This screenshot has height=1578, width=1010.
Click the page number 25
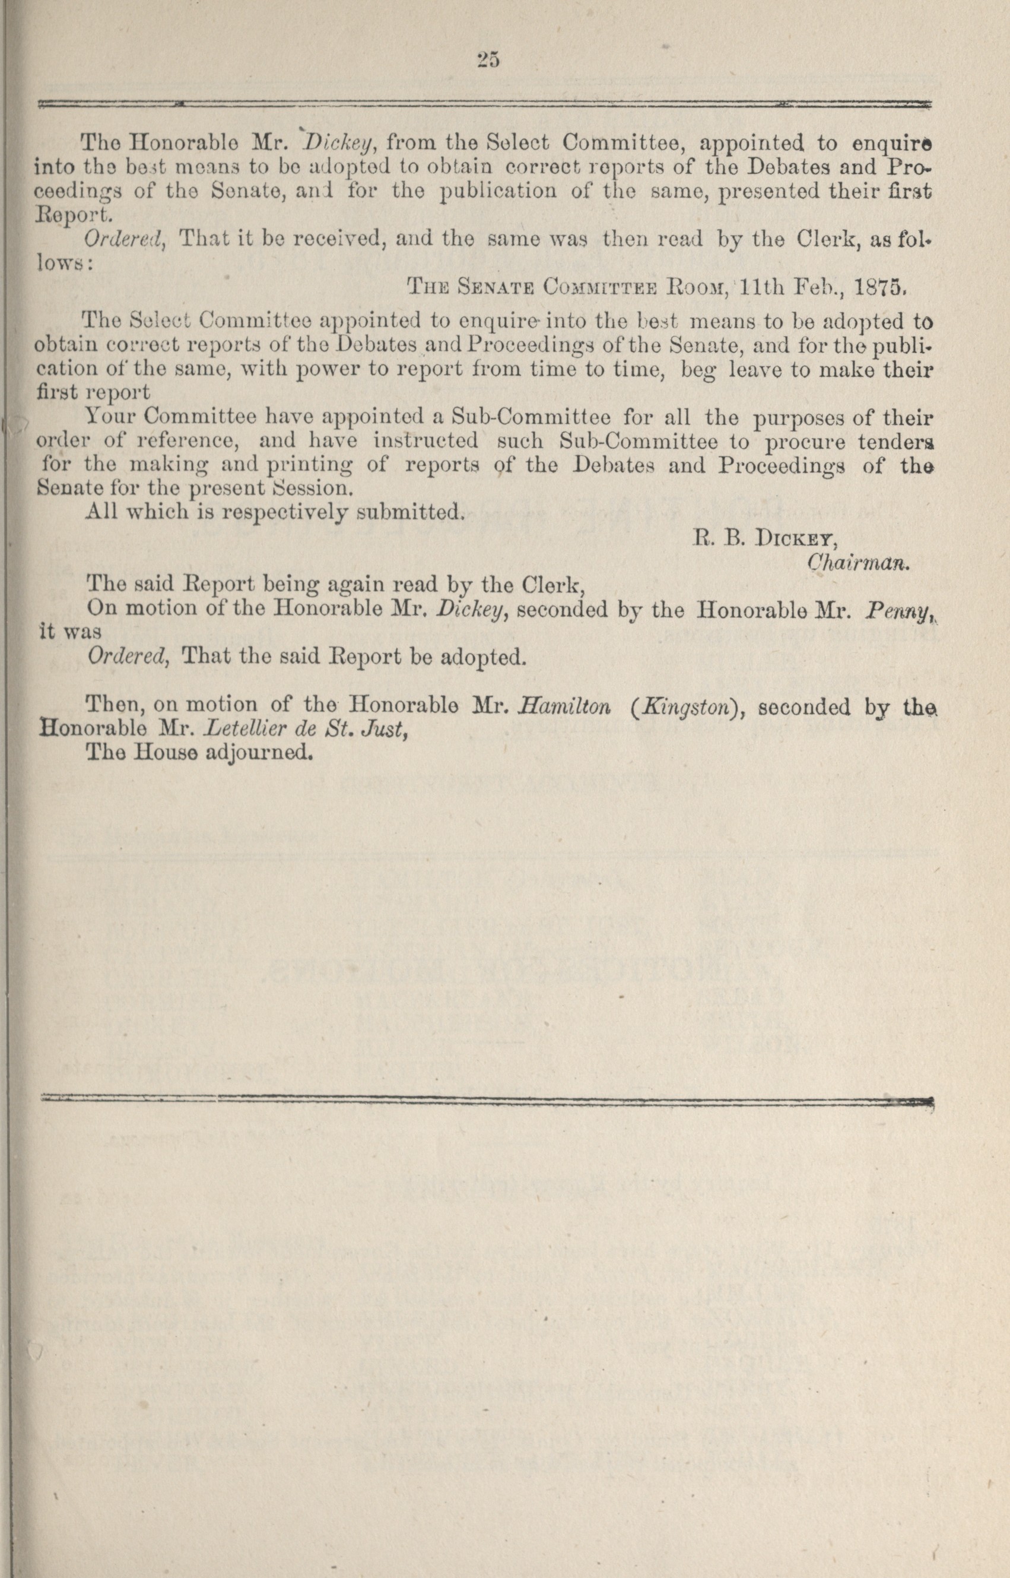point(488,61)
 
